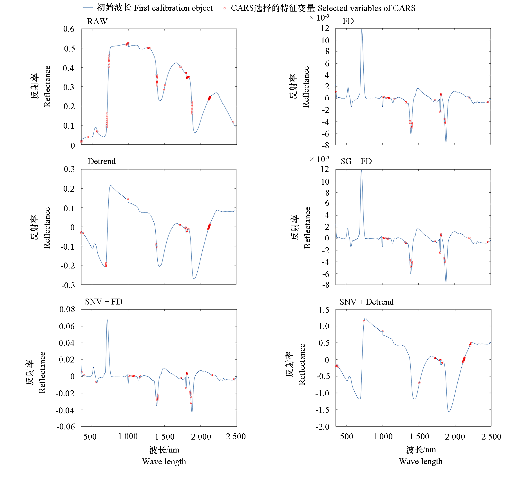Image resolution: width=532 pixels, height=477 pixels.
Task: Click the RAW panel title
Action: [x=97, y=21]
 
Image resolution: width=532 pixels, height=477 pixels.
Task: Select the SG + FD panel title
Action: [x=356, y=161]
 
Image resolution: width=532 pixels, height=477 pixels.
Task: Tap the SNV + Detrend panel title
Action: [x=366, y=302]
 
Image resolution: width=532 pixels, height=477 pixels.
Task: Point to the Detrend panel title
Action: [x=102, y=161]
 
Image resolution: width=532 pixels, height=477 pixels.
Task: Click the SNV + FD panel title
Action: [x=104, y=302]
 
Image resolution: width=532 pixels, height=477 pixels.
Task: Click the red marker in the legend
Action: [x=224, y=8]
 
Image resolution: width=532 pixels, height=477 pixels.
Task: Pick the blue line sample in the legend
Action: [x=88, y=8]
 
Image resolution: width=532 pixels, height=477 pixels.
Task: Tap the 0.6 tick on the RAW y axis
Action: [x=69, y=29]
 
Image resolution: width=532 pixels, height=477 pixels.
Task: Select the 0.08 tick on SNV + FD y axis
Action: [x=67, y=309]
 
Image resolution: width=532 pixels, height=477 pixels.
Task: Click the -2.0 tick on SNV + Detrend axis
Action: [x=322, y=427]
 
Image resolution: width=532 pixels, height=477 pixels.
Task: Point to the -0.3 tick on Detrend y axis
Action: [x=68, y=285]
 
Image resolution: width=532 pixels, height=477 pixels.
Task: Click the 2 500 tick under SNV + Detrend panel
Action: [x=491, y=437]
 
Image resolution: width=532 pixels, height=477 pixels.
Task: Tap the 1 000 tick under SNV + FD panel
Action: [x=128, y=436]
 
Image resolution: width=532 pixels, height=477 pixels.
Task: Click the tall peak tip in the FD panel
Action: [x=362, y=30]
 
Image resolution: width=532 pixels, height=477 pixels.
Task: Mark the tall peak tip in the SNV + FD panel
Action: [x=107, y=320]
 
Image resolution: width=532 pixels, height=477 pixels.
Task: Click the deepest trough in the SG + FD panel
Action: [x=446, y=282]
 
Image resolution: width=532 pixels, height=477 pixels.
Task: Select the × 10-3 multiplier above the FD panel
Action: [x=319, y=18]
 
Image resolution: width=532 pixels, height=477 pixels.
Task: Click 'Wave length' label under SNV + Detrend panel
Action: [x=421, y=462]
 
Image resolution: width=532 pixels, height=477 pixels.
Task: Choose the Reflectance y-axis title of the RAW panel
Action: [x=47, y=86]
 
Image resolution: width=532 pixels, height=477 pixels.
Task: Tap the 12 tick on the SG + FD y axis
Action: [x=325, y=169]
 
